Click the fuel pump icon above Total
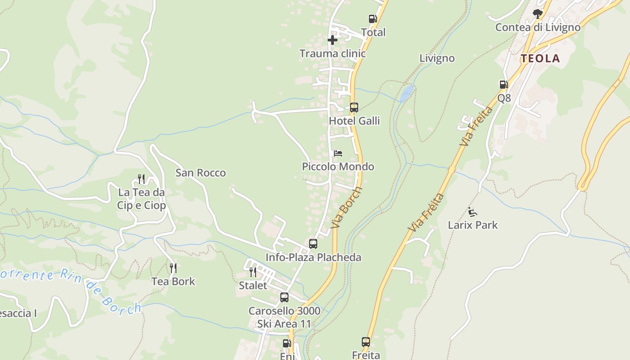[x=373, y=19]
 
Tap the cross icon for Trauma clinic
[x=333, y=40]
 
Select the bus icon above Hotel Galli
[x=354, y=108]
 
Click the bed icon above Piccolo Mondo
[x=338, y=153]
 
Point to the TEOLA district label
[x=540, y=58]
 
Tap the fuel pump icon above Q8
[x=504, y=85]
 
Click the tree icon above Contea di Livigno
[x=537, y=14]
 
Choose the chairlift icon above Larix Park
[x=472, y=211]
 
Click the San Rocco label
[x=201, y=173]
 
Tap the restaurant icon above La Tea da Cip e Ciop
[x=141, y=179]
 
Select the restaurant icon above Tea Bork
[x=173, y=268]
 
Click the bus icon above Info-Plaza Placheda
[x=313, y=244]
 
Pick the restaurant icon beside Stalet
[x=253, y=272]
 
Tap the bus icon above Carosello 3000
[x=284, y=297]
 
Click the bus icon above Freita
[x=366, y=342]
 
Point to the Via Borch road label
[x=346, y=208]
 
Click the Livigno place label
[x=437, y=58]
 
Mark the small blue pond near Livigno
[x=407, y=94]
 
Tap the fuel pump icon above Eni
[x=287, y=343]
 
